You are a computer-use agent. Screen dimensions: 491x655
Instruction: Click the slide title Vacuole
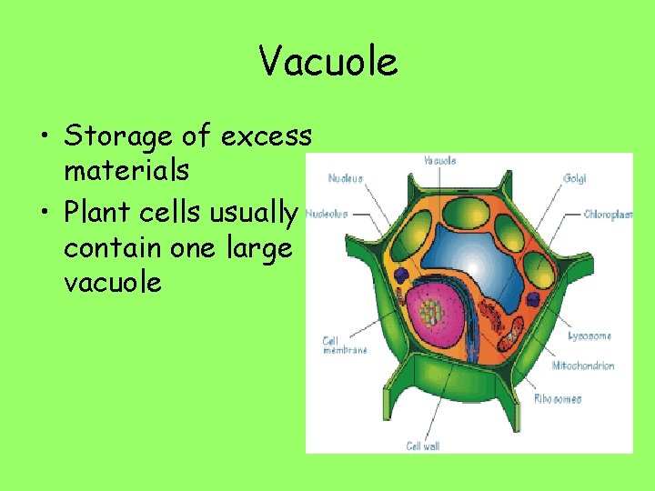click(327, 63)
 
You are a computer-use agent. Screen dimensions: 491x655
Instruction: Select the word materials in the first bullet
click(126, 170)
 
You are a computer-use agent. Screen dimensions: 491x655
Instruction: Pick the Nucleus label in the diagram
click(345, 178)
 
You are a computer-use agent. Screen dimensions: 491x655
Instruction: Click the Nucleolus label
click(327, 215)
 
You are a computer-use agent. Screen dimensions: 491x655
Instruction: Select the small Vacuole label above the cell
click(440, 160)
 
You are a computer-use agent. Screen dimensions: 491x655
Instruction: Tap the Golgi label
click(574, 179)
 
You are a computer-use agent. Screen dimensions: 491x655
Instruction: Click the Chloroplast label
click(608, 215)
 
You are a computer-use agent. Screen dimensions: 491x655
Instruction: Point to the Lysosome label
click(589, 336)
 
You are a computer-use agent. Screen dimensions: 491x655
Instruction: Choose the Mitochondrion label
click(582, 366)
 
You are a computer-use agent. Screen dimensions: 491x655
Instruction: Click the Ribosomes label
click(557, 398)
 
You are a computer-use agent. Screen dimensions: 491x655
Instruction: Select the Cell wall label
click(425, 446)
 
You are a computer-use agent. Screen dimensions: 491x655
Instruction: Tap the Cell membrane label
click(344, 346)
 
